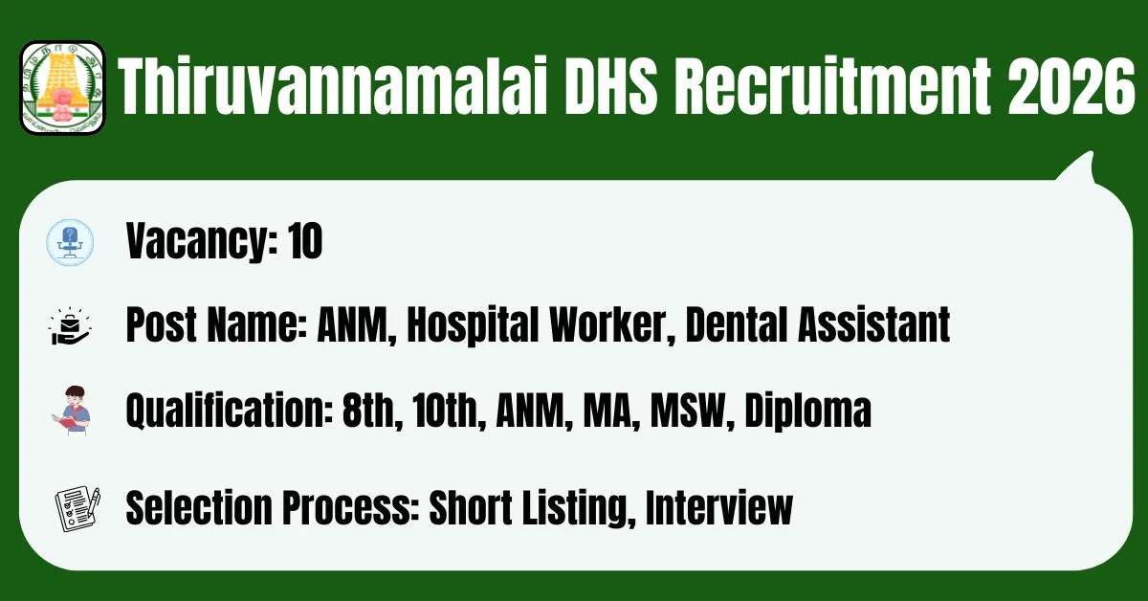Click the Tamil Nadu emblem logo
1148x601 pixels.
62,87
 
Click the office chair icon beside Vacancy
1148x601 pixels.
70,242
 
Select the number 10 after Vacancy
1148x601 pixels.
304,240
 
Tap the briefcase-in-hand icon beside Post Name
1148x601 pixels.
70,326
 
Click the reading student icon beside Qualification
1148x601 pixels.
73,411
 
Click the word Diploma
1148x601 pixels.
807,412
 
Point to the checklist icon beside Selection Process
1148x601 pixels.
77,509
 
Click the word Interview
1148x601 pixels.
719,507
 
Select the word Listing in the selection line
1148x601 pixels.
579,509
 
